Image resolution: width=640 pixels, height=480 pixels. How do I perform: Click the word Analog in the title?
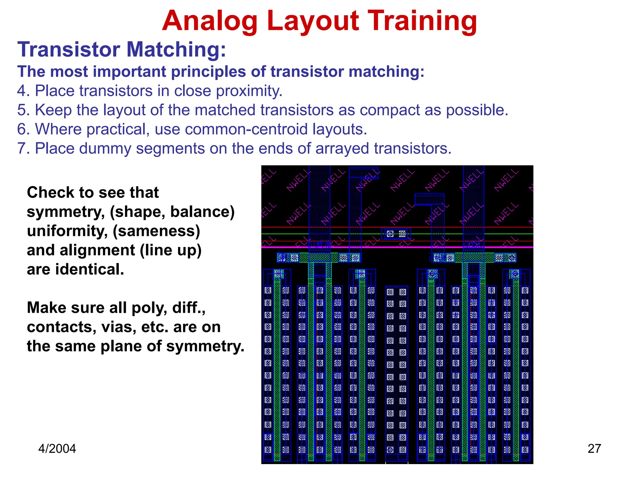209,21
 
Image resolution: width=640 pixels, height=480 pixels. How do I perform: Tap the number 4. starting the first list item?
23,91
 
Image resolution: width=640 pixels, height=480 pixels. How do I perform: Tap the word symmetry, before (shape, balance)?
66,212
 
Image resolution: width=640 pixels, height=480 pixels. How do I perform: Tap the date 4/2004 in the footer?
57,449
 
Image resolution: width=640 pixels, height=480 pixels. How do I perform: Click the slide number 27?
594,449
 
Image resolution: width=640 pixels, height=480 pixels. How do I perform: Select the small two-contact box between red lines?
396,234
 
